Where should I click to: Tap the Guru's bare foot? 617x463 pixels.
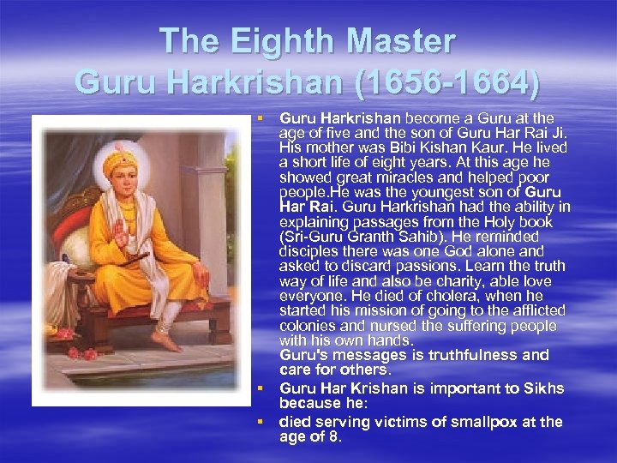[165, 340]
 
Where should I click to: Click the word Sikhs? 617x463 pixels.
[543, 388]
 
